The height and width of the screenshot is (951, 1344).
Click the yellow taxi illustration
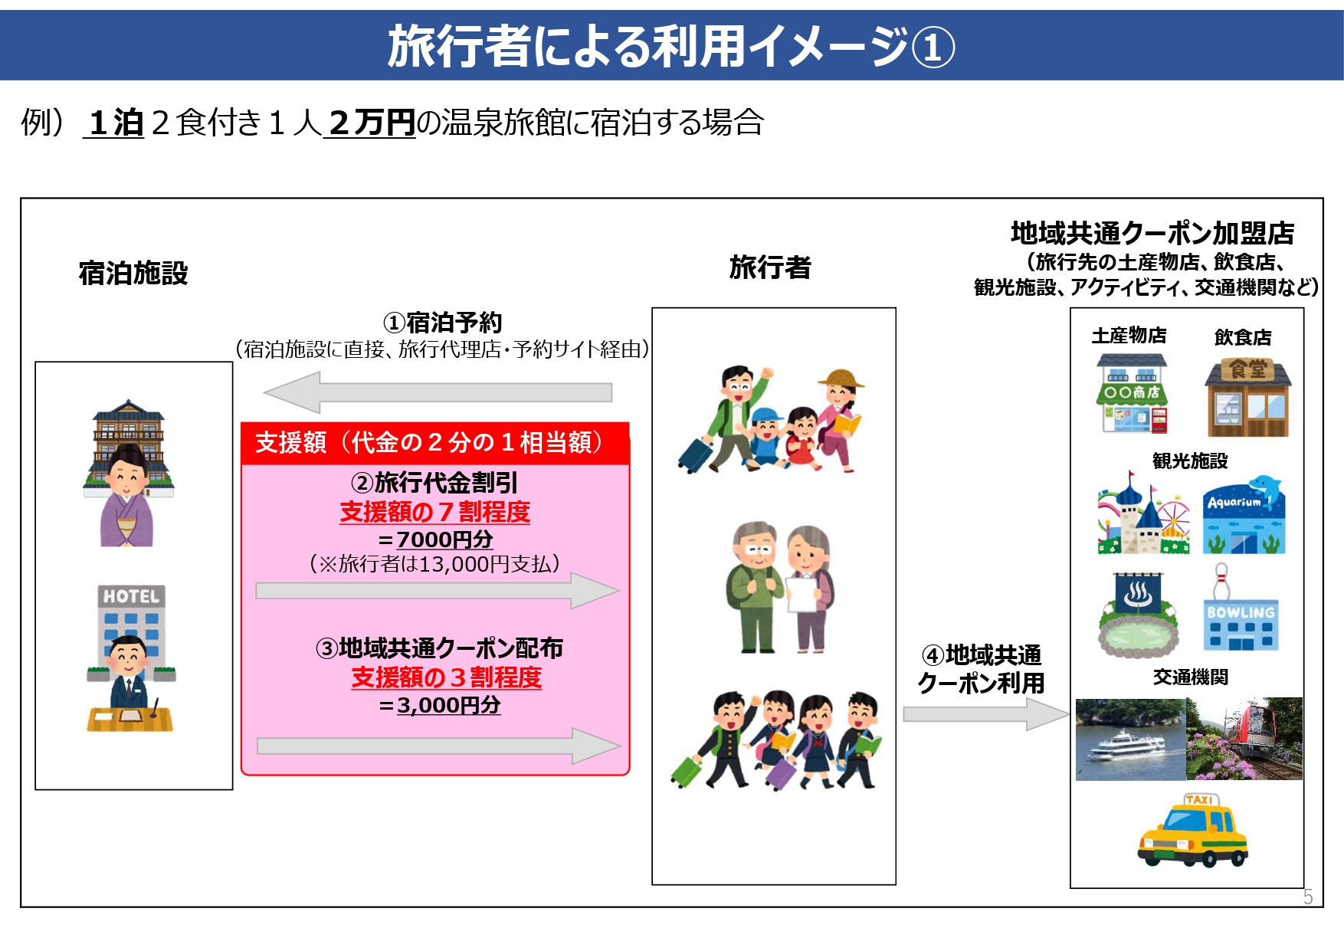click(x=1192, y=831)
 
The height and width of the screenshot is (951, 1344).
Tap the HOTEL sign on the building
click(x=131, y=596)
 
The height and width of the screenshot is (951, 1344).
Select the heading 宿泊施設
click(x=133, y=274)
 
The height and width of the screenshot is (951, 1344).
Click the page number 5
click(x=1308, y=897)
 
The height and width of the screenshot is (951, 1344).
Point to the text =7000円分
click(x=436, y=539)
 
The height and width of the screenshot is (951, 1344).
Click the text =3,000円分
click(x=440, y=705)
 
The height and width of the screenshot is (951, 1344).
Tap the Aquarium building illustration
click(x=1244, y=515)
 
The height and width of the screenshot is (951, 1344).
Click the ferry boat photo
click(x=1130, y=739)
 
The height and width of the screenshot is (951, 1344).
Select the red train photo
click(x=1244, y=739)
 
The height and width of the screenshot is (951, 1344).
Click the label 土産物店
click(x=1129, y=336)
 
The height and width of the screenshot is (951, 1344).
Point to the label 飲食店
click(x=1243, y=337)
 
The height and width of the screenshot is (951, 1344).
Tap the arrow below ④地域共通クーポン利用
click(x=985, y=714)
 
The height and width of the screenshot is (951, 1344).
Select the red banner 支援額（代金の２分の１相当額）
click(x=434, y=443)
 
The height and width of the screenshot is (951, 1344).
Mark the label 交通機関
click(x=1190, y=677)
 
